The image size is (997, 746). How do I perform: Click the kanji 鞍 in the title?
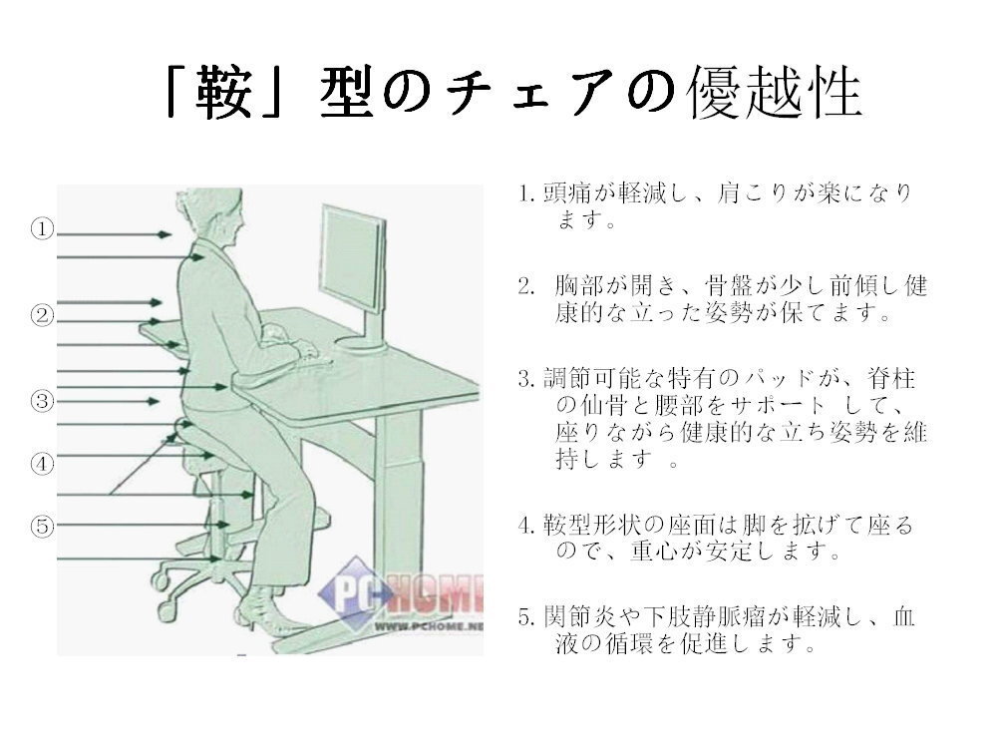[223, 93]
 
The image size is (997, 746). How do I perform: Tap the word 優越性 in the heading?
[775, 93]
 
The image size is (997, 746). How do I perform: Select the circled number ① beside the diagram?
[43, 229]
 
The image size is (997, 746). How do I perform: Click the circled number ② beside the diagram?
[43, 315]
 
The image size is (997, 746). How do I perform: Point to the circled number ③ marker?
[43, 401]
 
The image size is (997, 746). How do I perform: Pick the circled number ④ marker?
[43, 463]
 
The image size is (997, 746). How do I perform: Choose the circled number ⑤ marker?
[43, 526]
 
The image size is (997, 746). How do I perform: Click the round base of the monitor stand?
[361, 343]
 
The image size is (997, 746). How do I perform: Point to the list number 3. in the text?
[526, 379]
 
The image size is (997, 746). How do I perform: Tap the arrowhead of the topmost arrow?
[166, 234]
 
